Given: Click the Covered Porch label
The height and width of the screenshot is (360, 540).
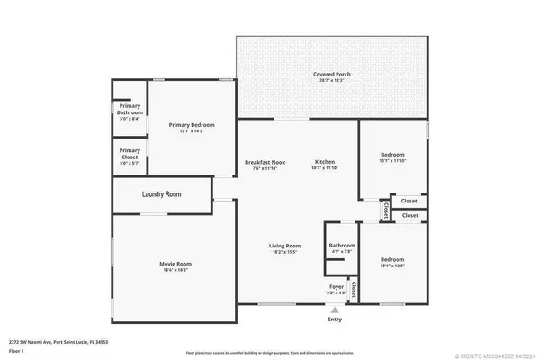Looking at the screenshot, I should coord(331,75).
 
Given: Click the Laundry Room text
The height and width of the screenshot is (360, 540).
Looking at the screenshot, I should coord(162,194).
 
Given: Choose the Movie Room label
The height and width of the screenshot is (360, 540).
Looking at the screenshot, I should coord(176,264).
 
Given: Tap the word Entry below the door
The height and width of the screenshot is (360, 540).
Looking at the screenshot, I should coord(335,319).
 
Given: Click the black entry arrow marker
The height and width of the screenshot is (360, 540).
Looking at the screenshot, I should coord(335,309).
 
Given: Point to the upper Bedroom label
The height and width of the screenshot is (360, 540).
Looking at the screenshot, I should coord(391,154).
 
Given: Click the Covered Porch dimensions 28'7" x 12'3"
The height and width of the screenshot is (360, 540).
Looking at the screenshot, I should coord(331,81).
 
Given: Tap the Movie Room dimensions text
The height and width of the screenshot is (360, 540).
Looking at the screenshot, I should coord(176,270).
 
